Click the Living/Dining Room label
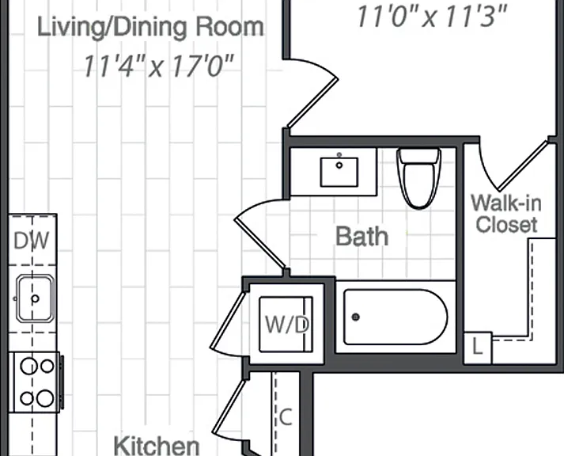pos(150,28)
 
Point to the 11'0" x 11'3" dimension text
pos(432,16)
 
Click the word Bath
pos(361,237)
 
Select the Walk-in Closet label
pos(506,213)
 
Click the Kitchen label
pos(157,446)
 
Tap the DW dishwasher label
pos(32,241)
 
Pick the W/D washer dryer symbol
pos(286,325)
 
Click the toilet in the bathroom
pos(419,178)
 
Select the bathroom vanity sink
pos(339,171)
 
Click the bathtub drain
pos(356,317)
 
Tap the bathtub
pos(396,317)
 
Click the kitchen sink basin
pos(35,298)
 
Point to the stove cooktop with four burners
pos(36,382)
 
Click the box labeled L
pos(478,348)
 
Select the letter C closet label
pos(286,418)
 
